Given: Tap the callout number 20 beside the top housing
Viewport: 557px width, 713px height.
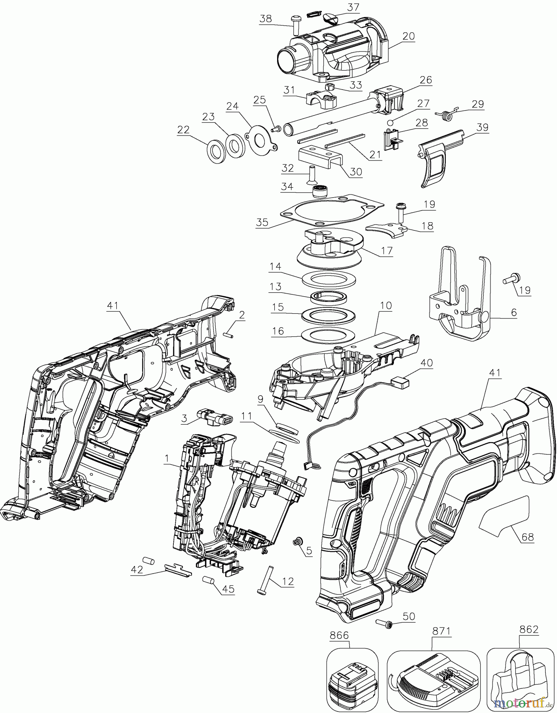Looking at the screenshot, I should (x=408, y=36).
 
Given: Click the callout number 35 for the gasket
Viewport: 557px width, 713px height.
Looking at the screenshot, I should (x=262, y=222).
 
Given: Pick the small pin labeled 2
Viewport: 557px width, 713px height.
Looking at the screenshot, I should (x=230, y=335).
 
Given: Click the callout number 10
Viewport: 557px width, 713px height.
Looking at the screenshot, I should (x=386, y=305).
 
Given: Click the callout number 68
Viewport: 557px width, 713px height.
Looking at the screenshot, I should (x=528, y=537).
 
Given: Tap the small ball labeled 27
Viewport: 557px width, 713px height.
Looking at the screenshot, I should (x=390, y=122).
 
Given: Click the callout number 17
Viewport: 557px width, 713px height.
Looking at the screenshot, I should (x=387, y=250).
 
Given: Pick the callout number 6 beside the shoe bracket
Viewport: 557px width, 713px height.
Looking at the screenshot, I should (x=513, y=312).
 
